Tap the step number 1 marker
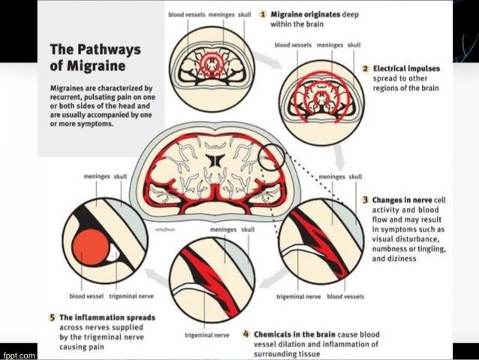tap(264, 14)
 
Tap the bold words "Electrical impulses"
tap(406, 68)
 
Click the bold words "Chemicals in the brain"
tap(290, 334)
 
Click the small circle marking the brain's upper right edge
tap(272, 156)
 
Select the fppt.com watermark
tap(16, 353)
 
